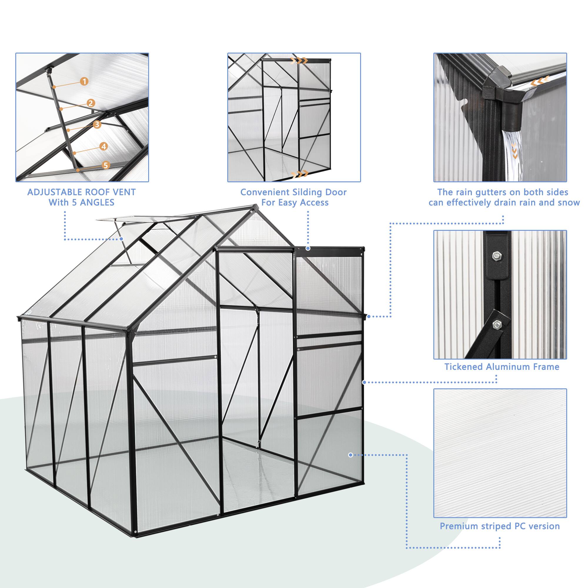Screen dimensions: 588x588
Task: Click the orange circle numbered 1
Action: coord(84,81)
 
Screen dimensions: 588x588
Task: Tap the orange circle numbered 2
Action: coord(90,103)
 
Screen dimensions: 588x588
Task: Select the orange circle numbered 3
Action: coord(97,124)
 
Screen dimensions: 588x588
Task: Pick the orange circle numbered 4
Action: coord(104,146)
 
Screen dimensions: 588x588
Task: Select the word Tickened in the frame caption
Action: coord(464,367)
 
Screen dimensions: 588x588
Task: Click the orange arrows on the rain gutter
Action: coord(538,81)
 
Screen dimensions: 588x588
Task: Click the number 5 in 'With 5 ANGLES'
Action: coord(74,203)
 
